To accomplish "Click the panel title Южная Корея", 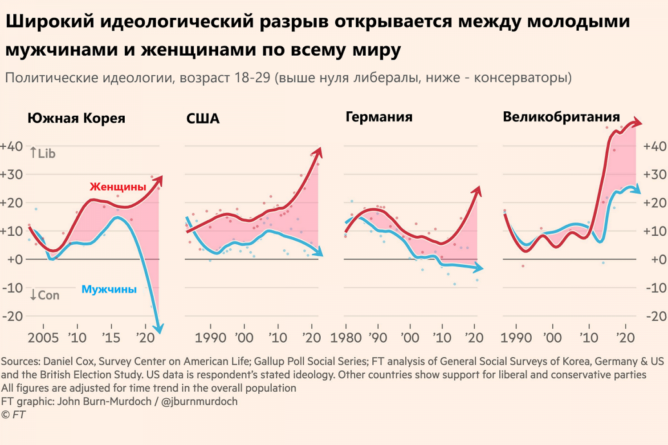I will pos(76,118).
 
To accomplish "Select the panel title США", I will pos(203,119).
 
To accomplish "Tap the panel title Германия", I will pos(379,117).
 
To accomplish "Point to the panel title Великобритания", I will pos(561,117).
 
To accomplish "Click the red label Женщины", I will pos(118,186).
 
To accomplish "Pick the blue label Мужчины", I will pos(109,289).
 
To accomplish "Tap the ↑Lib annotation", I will pos(43,154).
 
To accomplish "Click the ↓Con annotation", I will pos(45,295).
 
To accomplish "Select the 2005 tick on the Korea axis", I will pos(43,338).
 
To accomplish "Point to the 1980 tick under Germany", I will pos(346,338).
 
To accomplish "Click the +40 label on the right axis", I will pos(655,146).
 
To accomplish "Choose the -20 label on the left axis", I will pos(12,316).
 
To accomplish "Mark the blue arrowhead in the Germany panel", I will pos(479,268).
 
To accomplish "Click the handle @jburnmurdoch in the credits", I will pos(199,401).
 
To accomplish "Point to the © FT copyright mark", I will pos(13,415).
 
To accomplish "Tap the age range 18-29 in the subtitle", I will pos(252,78).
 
